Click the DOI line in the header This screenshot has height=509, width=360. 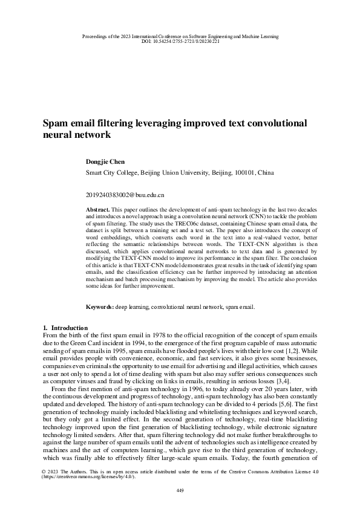tap(180, 42)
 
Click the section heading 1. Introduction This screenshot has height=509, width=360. tap(63, 328)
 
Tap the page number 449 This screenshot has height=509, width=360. tap(180, 490)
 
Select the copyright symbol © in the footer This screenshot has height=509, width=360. tap(44, 470)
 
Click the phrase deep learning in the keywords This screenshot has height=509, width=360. tap(131, 307)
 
